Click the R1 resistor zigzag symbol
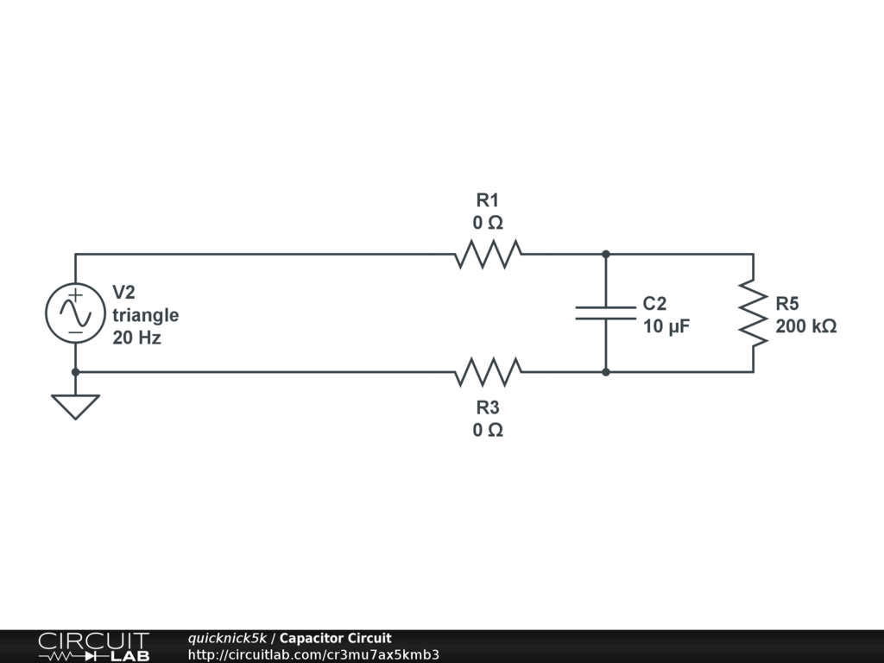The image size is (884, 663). pos(488,254)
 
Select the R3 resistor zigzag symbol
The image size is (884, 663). pos(488,372)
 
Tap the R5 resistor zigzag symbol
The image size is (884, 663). pos(753,313)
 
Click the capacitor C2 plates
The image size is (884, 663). pos(605,313)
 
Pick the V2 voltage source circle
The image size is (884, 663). pos(75,313)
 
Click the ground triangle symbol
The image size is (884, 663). pos(75,406)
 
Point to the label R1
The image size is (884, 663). pos(488,200)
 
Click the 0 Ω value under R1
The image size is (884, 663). pos(488,223)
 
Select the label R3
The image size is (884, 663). pos(488,407)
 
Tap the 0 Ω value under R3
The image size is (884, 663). pos(488,430)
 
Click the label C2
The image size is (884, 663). pos(654,304)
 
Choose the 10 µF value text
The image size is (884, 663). pos(666,327)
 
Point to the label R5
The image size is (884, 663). pos(787,304)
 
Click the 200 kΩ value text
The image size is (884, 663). pos(805,327)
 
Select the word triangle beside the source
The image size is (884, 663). pos(145,315)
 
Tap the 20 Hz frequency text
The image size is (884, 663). pos(136,338)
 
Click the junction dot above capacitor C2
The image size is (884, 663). pos(606,254)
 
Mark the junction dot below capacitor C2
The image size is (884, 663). pos(606,372)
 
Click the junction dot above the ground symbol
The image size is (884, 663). pos(75,372)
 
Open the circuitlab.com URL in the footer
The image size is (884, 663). pos(313,654)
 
